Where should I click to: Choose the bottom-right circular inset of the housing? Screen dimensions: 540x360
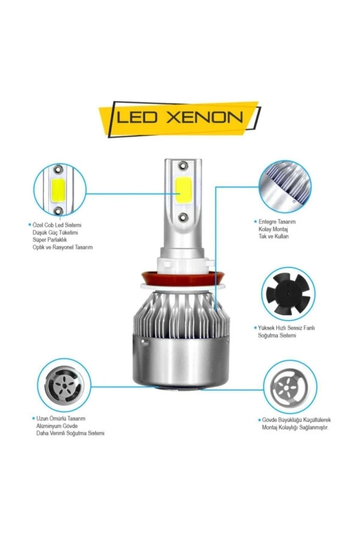click(291, 386)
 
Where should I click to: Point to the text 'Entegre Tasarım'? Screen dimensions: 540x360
click(277, 222)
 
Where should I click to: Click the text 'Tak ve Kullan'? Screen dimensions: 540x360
click(274, 237)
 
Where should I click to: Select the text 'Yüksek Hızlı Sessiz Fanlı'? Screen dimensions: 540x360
click(286, 328)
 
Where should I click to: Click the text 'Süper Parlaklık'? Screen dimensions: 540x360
click(52, 240)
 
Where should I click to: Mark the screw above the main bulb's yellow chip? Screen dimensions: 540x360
click(182, 165)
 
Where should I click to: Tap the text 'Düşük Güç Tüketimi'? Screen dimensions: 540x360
click(56, 232)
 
